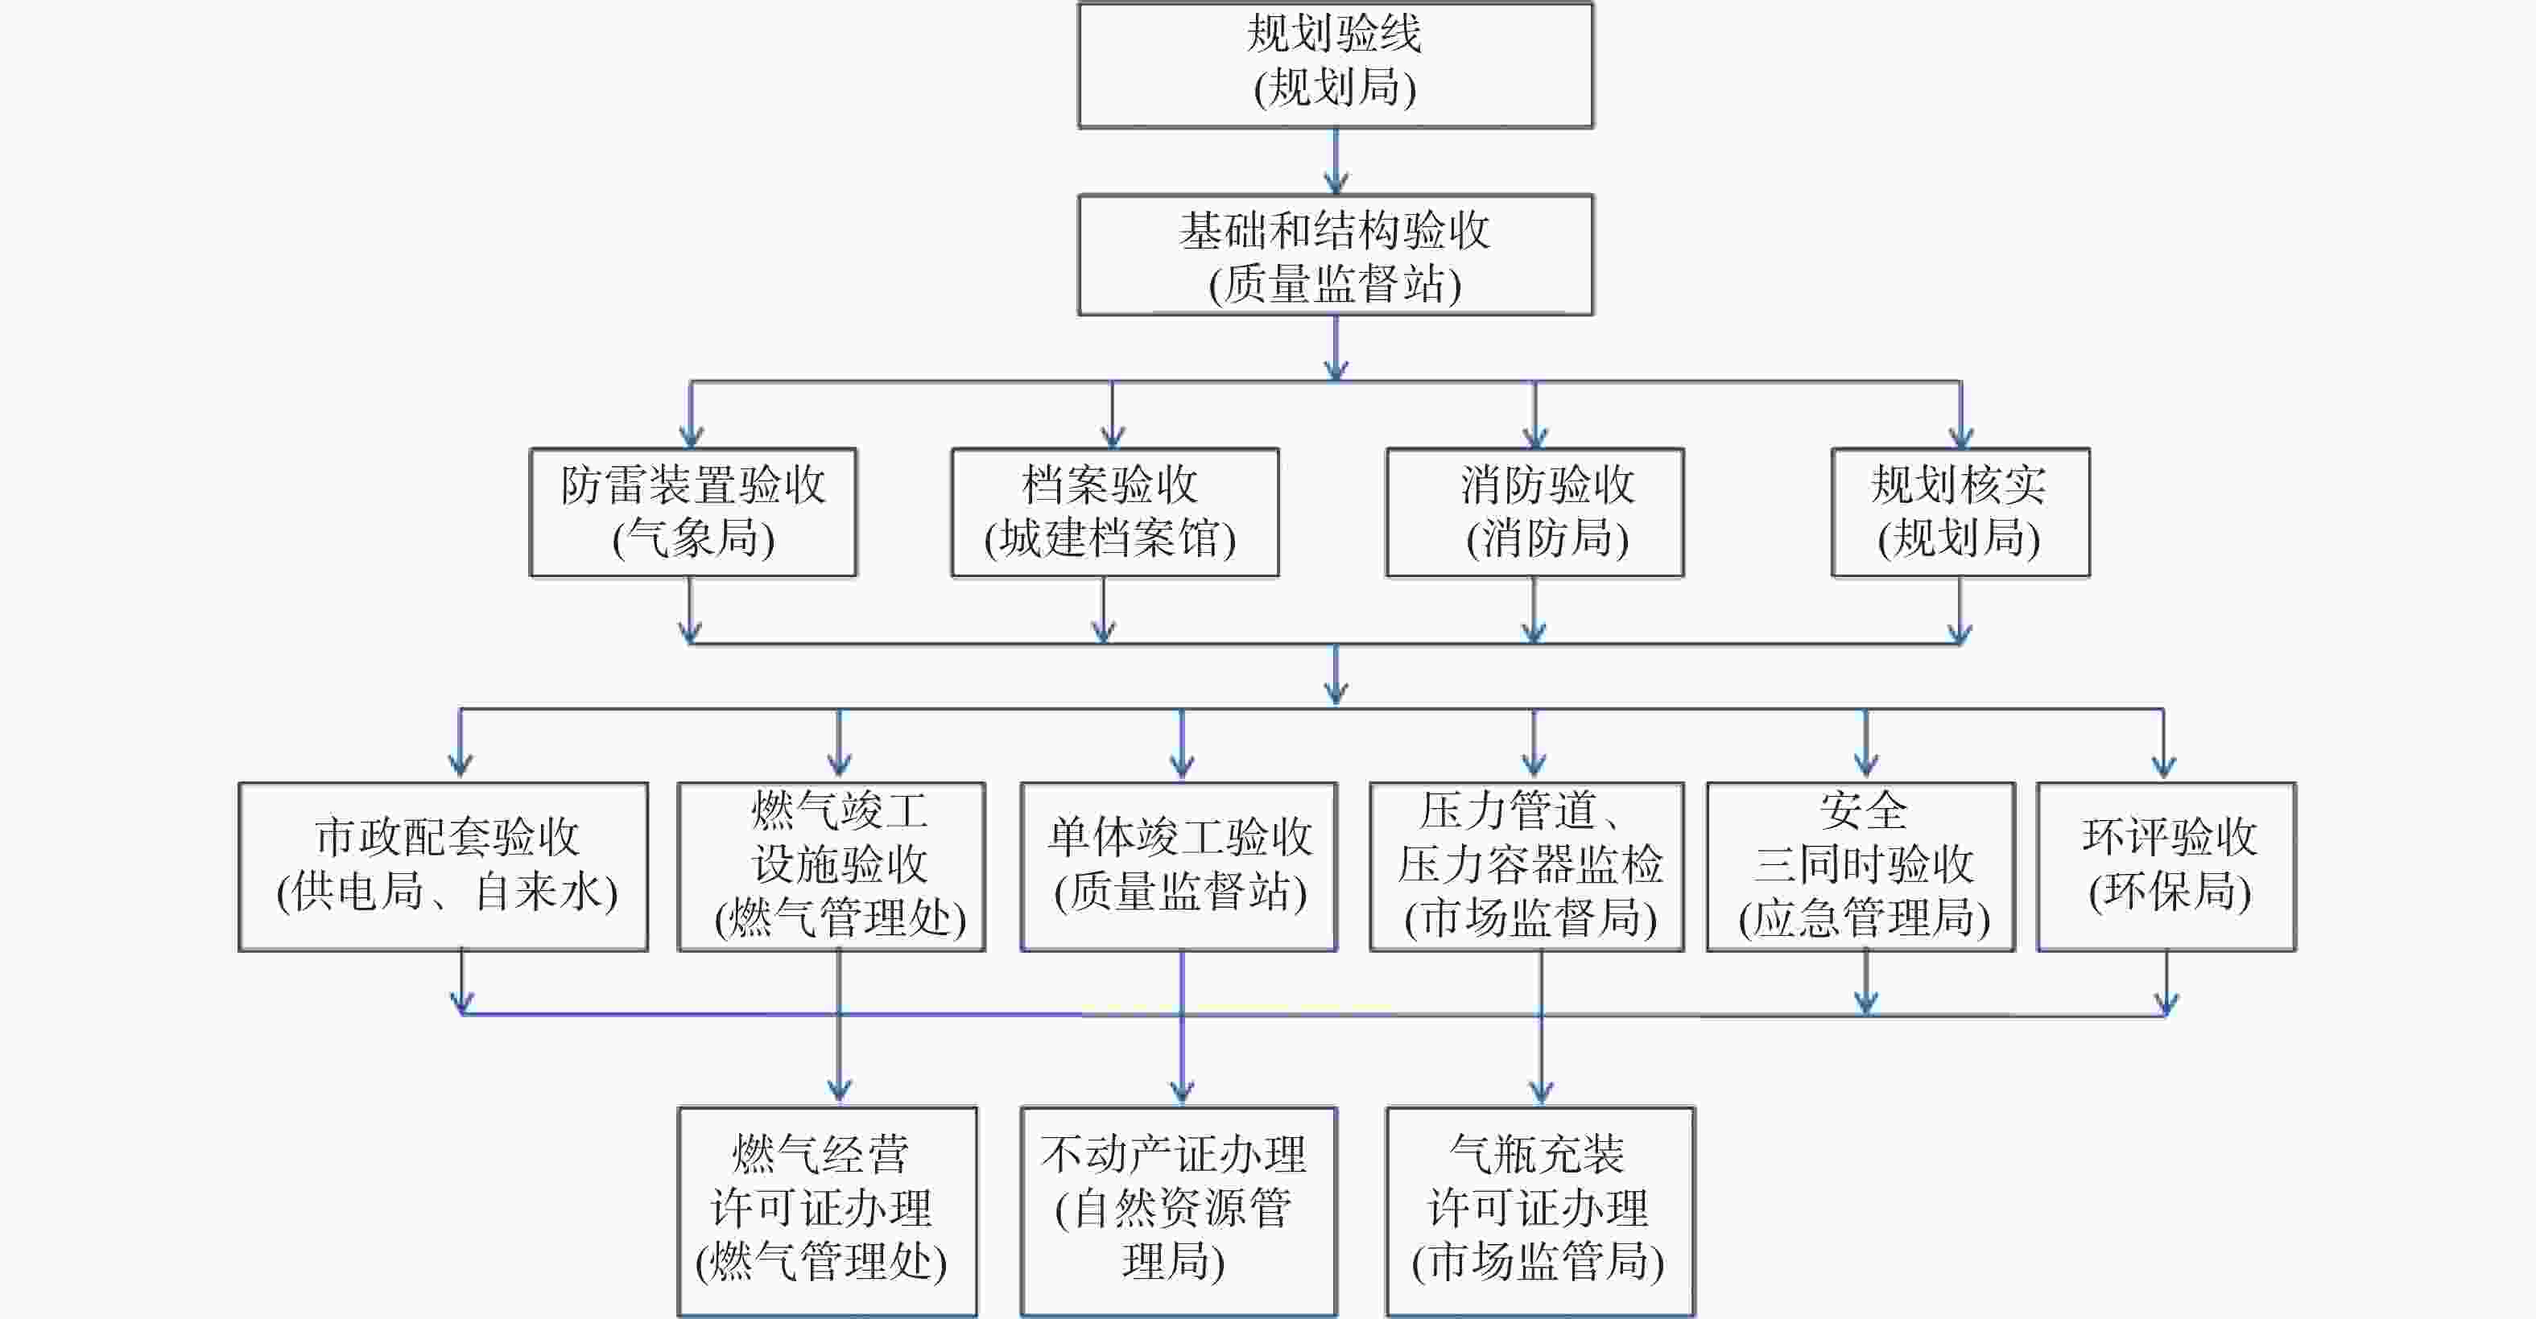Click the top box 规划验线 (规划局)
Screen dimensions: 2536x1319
coord(1335,65)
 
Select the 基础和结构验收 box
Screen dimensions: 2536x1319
coord(1335,255)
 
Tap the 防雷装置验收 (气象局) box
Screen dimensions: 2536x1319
coord(693,512)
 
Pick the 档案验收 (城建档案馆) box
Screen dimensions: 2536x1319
coord(1114,512)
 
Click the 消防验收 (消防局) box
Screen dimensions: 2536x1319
coord(1534,512)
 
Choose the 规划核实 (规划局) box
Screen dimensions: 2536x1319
coord(1960,512)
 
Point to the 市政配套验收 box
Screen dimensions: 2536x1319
coord(443,866)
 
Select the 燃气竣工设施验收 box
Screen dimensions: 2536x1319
coord(831,866)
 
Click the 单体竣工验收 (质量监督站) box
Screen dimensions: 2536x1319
coord(1179,866)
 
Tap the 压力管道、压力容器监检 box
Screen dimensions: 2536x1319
coord(1527,866)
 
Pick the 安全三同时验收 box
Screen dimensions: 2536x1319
coord(1861,866)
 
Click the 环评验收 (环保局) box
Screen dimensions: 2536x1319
coord(2166,866)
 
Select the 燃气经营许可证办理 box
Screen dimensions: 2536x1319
coord(827,1210)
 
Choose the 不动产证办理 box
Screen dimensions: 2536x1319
coord(1179,1210)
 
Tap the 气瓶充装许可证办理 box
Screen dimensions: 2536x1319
coord(1539,1210)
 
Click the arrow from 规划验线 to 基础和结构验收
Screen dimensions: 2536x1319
coord(1336,162)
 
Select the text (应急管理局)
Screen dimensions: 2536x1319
coord(1864,918)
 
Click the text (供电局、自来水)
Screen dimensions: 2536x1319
coord(447,892)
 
